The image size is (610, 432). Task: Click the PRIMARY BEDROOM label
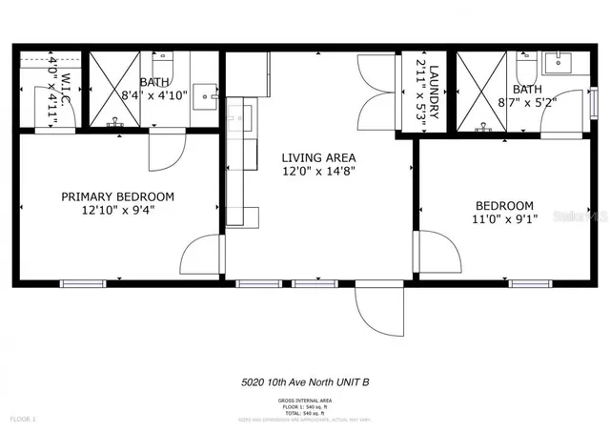(117, 196)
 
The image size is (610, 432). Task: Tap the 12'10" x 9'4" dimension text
(117, 211)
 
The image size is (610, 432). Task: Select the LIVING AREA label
(318, 157)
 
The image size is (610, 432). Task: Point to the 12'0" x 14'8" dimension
(318, 172)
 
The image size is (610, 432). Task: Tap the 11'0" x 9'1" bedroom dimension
(505, 219)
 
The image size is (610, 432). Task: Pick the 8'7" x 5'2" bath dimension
(520, 96)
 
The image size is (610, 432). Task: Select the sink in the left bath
(204, 97)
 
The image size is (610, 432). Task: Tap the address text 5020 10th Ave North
(305, 382)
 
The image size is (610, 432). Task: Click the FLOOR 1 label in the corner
(23, 418)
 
